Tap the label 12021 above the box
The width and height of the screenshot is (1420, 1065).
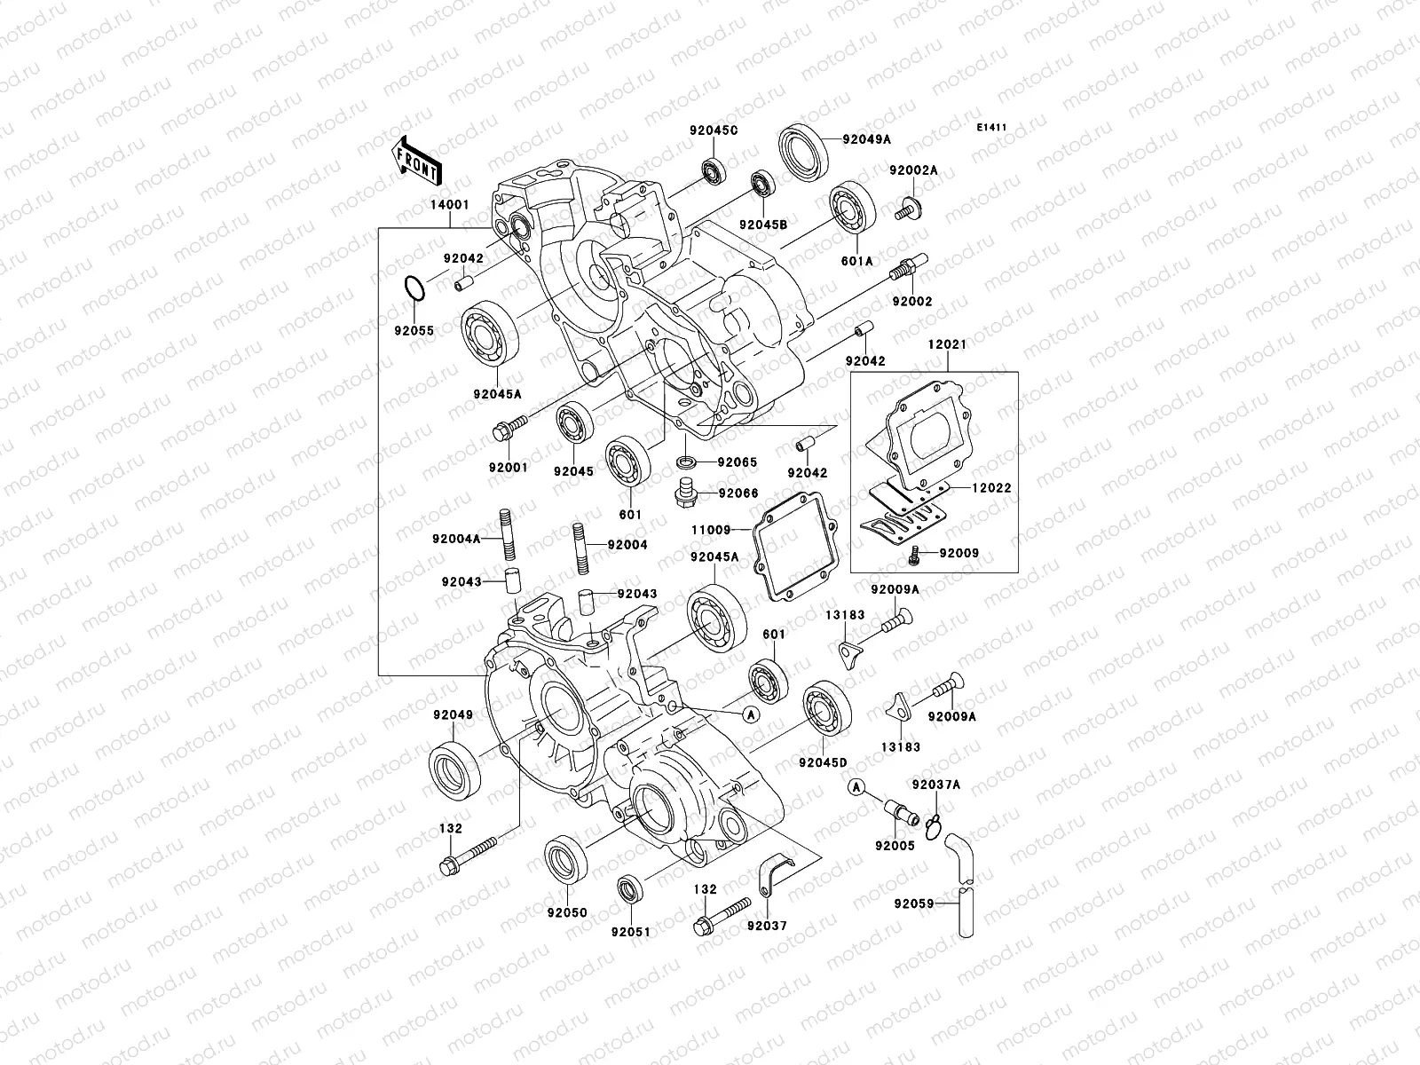947,343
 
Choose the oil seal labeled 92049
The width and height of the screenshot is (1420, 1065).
456,769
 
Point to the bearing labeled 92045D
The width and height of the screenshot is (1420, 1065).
827,711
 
